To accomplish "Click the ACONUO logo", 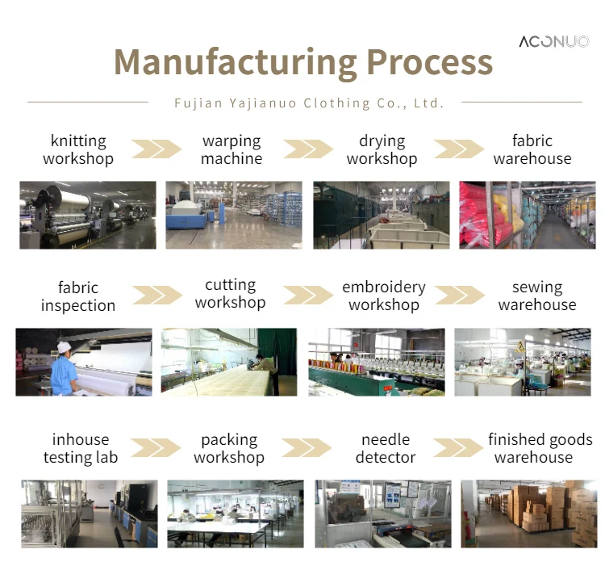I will point(553,41).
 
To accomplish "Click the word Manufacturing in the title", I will point(235,62).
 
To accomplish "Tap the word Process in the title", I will point(429,62).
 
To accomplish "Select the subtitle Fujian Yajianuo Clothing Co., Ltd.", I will point(309,103).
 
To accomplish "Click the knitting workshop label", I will point(78,150).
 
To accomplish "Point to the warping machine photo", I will point(234,215).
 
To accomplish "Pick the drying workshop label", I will point(382,150).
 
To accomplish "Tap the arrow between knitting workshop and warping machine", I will point(156,149).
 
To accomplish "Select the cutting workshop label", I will point(231,294).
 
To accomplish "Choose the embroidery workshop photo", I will point(376,362).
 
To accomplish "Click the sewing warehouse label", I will point(537,296).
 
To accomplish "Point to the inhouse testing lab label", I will point(81,448).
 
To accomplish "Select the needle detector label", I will point(386,448).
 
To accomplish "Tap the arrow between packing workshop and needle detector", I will point(307,448).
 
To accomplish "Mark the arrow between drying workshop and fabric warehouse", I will point(458,149).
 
